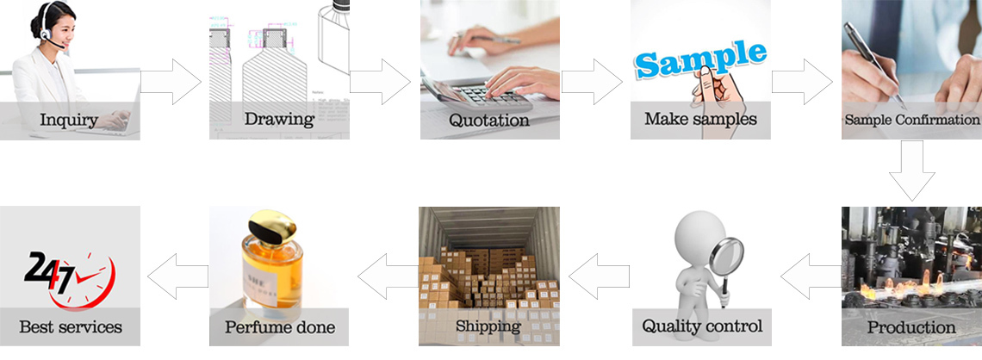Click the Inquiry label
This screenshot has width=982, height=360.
[x=69, y=120]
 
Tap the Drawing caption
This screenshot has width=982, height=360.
[x=279, y=119]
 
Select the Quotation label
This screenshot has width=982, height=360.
[x=489, y=119]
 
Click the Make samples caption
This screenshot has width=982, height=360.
[x=700, y=118]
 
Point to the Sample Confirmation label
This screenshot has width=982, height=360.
[x=911, y=119]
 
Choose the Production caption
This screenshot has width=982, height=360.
[x=911, y=326]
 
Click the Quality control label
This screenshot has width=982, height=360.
[x=702, y=326]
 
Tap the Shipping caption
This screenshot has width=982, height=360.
[x=488, y=326]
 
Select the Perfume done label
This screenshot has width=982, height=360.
[x=279, y=326]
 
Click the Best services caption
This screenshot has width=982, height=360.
[x=70, y=326]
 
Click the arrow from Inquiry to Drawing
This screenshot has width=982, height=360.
[x=171, y=82]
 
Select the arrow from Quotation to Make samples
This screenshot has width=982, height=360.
[x=592, y=82]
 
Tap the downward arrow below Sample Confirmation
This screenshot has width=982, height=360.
[x=912, y=171]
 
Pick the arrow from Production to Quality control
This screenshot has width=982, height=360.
[x=811, y=276]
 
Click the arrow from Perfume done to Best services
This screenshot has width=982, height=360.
[x=177, y=276]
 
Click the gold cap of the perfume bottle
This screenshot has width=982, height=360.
[x=272, y=226]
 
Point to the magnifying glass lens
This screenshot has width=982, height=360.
[x=726, y=256]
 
